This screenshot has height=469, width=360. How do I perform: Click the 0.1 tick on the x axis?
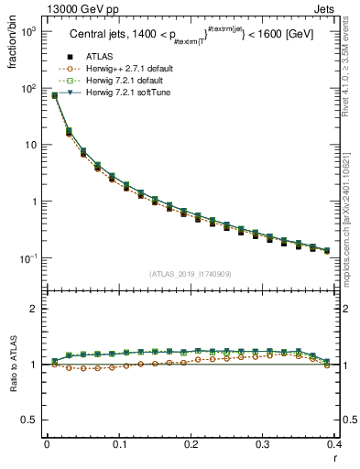pos(119,445)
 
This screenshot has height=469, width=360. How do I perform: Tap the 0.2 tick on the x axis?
pos(191,445)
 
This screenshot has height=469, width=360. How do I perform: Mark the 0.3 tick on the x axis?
pos(263,445)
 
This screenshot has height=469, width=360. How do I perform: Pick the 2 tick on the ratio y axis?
pos(35,310)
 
